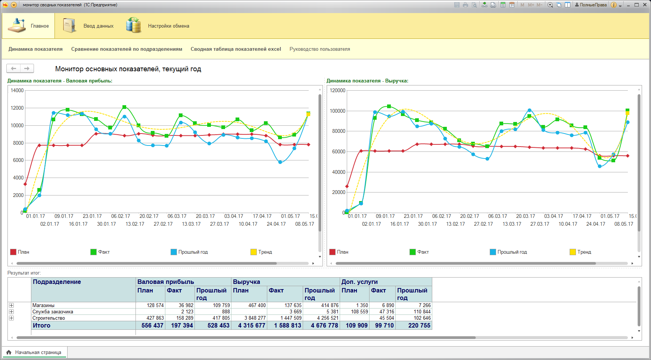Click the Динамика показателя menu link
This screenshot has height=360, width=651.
(x=35, y=49)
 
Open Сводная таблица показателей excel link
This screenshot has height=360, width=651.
(x=236, y=49)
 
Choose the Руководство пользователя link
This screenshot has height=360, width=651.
(x=320, y=49)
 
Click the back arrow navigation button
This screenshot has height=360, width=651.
(x=13, y=68)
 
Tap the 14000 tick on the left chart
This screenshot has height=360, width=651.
(x=17, y=90)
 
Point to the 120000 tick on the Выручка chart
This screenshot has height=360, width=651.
(x=337, y=90)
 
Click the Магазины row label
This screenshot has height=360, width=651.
(x=43, y=305)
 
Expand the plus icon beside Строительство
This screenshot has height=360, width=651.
(x=11, y=318)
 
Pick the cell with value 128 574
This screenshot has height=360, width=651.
(x=155, y=305)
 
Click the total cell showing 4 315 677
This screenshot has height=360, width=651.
(x=252, y=325)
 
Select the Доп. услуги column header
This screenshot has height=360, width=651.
(x=359, y=282)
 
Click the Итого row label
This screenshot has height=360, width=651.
(x=41, y=325)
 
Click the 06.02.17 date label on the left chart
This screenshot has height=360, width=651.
(x=121, y=216)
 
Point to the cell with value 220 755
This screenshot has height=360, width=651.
(x=419, y=325)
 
